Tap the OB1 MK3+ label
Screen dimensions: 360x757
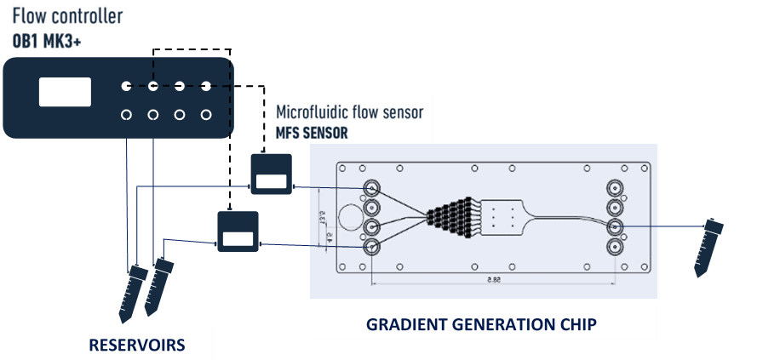click(x=43, y=37)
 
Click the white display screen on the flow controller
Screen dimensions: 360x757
click(x=65, y=91)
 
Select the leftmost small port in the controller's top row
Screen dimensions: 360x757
click(x=126, y=86)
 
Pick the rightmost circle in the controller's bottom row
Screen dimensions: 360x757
click(x=206, y=115)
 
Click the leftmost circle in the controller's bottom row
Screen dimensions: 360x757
click(x=126, y=115)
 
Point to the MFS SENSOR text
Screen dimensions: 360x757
click(x=311, y=134)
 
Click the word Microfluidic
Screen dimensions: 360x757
click(x=313, y=112)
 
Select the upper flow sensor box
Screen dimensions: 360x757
click(x=270, y=174)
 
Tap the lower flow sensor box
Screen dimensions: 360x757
click(x=238, y=231)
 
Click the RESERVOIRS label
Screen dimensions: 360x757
click(x=137, y=345)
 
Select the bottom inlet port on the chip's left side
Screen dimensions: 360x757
click(x=372, y=246)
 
